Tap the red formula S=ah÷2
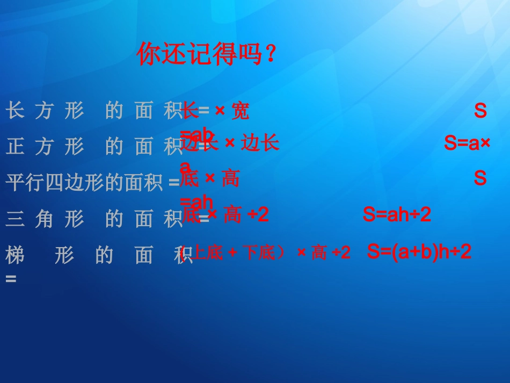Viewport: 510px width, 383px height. (x=397, y=215)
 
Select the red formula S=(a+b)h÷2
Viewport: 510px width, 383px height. (x=419, y=251)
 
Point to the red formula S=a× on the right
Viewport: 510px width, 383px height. (x=467, y=143)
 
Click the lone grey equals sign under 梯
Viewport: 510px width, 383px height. (x=11, y=279)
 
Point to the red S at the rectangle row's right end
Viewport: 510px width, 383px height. (x=480, y=111)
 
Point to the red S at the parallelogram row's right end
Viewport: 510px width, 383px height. (x=480, y=178)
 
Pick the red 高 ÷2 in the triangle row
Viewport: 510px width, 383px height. (x=245, y=215)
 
